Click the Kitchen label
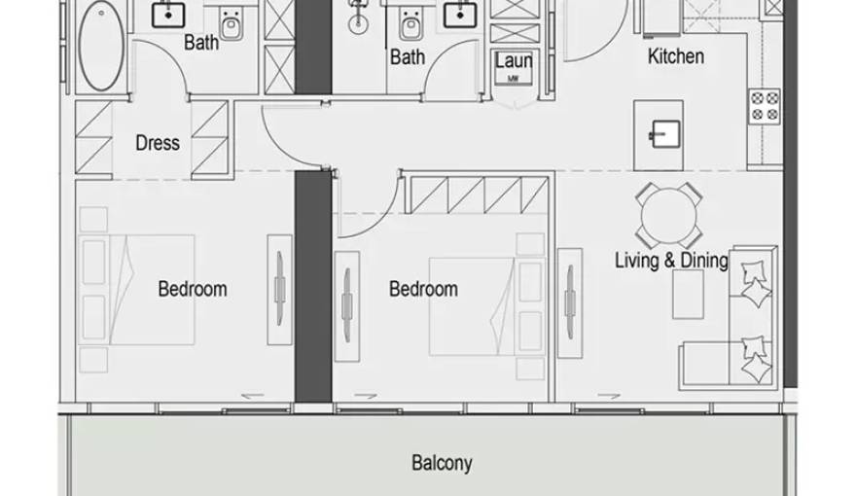675,56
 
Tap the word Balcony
442,462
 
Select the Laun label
513,61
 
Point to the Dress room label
157,143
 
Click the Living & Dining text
670,260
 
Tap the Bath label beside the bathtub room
200,43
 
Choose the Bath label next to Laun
407,57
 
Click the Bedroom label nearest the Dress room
192,289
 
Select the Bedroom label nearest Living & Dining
423,289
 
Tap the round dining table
669,215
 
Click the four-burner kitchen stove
764,106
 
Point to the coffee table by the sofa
688,294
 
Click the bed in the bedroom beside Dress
146,289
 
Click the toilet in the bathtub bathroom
232,23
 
